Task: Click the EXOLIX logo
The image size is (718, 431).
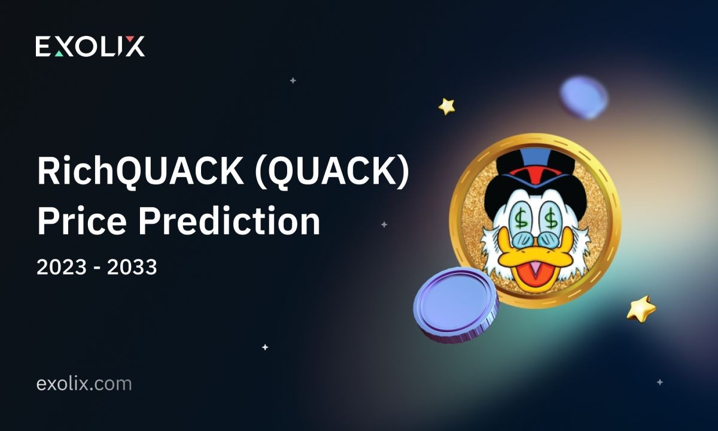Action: [x=90, y=47]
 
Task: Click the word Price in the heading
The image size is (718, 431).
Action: [x=82, y=221]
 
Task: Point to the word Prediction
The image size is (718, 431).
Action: [x=229, y=221]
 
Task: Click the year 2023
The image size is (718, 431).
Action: [x=62, y=267]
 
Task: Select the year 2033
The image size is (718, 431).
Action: [x=132, y=267]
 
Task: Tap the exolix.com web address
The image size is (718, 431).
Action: [x=84, y=384]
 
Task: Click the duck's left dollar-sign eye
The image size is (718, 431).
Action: [x=521, y=218]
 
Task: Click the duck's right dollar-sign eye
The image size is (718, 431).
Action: [x=550, y=218]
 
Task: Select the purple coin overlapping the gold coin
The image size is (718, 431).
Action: [x=456, y=305]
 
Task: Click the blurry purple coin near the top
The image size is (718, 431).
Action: [x=584, y=97]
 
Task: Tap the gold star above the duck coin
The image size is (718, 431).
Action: [x=447, y=107]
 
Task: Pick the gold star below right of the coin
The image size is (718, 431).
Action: [x=641, y=309]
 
